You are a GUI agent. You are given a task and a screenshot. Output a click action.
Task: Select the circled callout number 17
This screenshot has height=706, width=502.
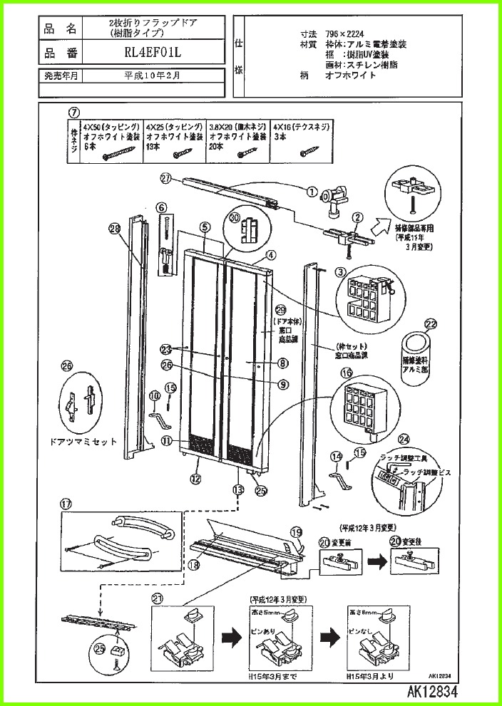(x=67, y=503)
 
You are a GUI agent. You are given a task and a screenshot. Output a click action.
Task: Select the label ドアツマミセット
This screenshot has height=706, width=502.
(x=83, y=442)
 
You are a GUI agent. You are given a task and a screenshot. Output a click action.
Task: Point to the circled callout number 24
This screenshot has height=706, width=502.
(x=404, y=439)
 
